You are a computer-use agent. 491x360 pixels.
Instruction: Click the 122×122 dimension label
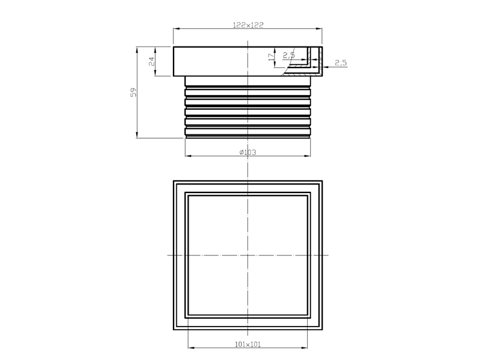(248, 25)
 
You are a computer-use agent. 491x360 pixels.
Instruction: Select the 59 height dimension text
(134, 92)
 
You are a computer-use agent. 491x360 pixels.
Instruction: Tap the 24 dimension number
(152, 61)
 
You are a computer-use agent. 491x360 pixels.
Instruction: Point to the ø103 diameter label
(247, 152)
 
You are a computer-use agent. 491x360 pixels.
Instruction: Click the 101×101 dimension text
(247, 344)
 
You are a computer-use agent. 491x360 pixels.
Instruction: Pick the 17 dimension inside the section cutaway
(271, 57)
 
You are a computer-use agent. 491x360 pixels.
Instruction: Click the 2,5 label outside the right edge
(340, 63)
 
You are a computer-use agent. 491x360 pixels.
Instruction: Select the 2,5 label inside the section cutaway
(289, 55)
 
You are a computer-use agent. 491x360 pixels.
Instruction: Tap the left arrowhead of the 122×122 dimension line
(176, 29)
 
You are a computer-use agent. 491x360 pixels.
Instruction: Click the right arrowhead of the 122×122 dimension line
(319, 29)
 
